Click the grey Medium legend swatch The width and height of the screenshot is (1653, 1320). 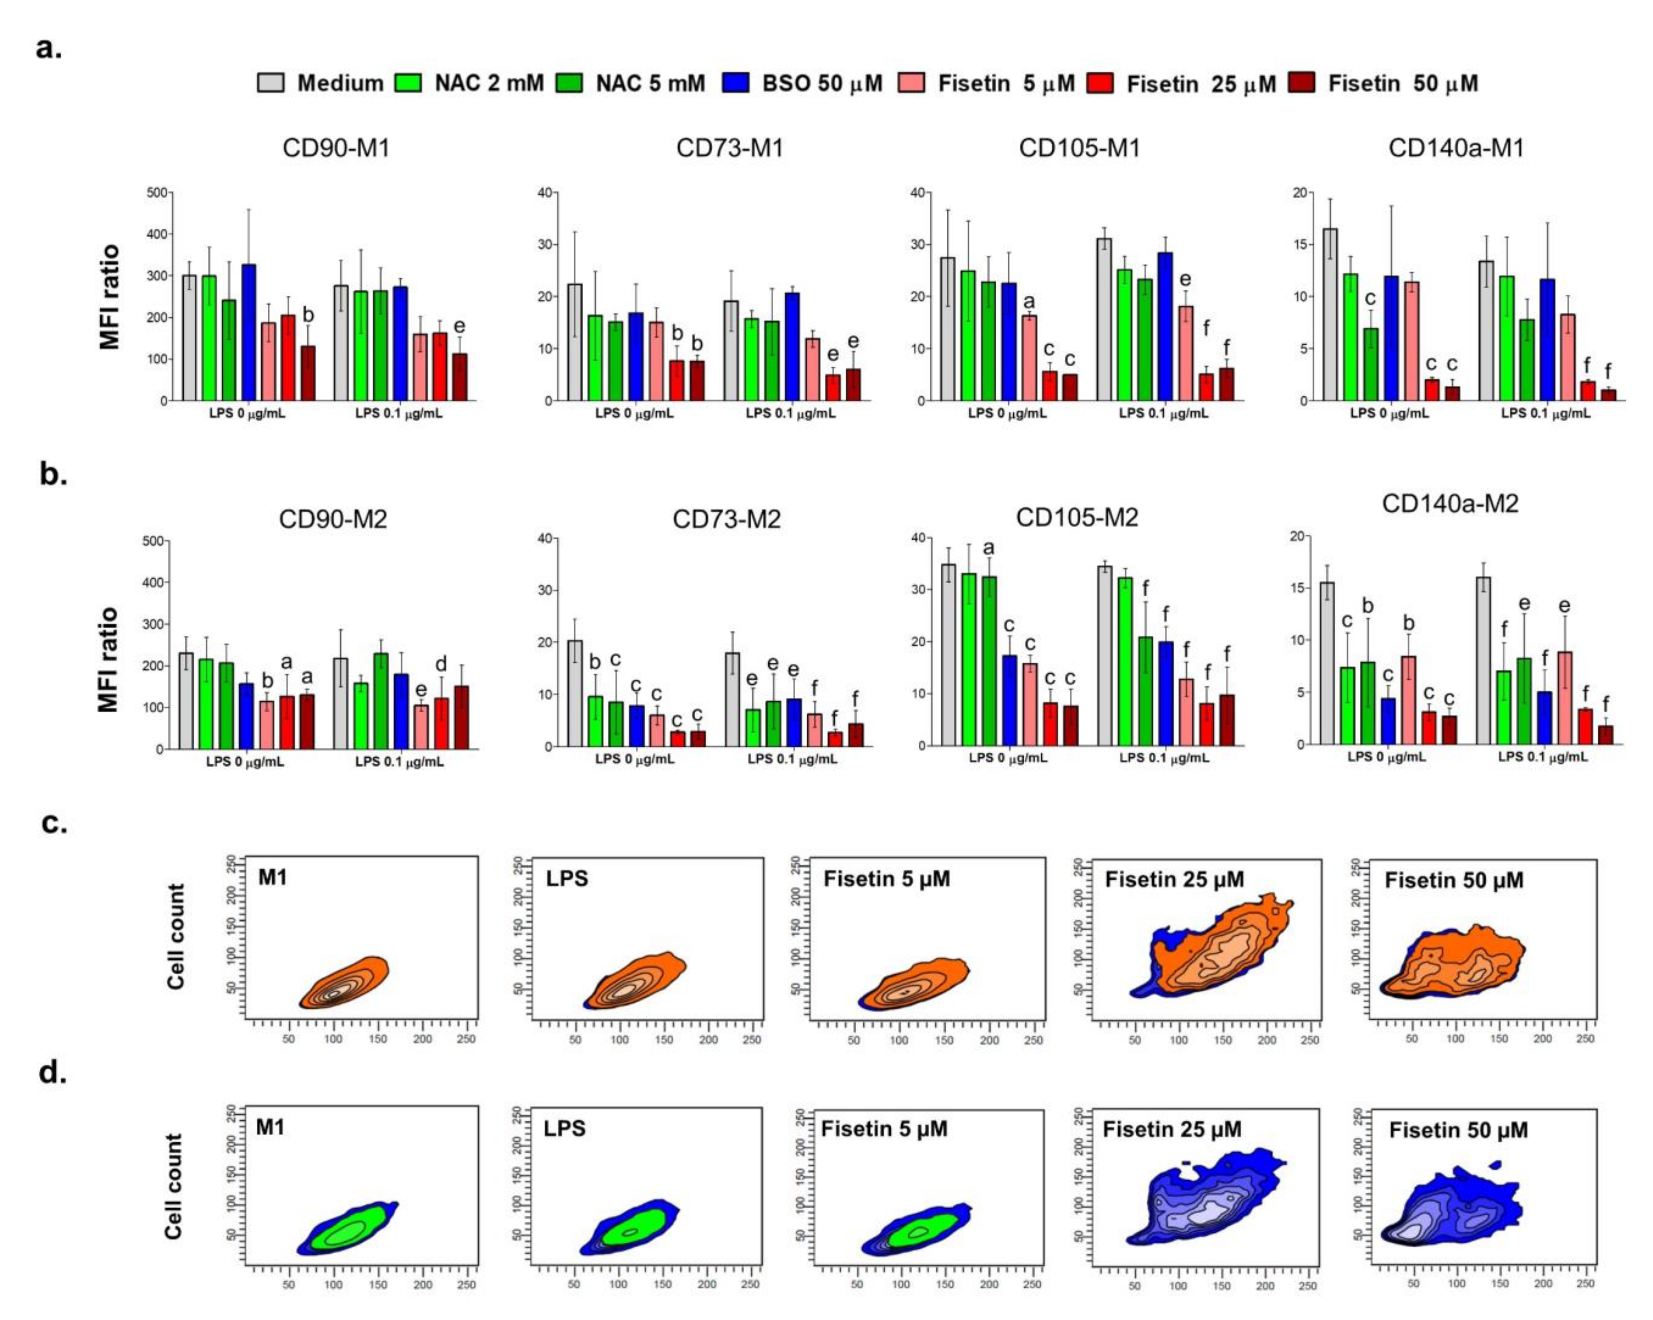tap(270, 83)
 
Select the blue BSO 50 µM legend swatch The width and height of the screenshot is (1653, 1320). tap(734, 83)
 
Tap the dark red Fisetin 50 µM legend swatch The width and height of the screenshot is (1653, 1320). tap(1302, 83)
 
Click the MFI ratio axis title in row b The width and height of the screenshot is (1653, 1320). tap(110, 659)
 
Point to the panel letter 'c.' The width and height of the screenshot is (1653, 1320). tap(54, 824)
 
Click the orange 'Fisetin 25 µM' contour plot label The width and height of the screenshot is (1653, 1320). tap(1174, 879)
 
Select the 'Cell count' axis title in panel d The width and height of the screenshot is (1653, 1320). tap(175, 1186)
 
